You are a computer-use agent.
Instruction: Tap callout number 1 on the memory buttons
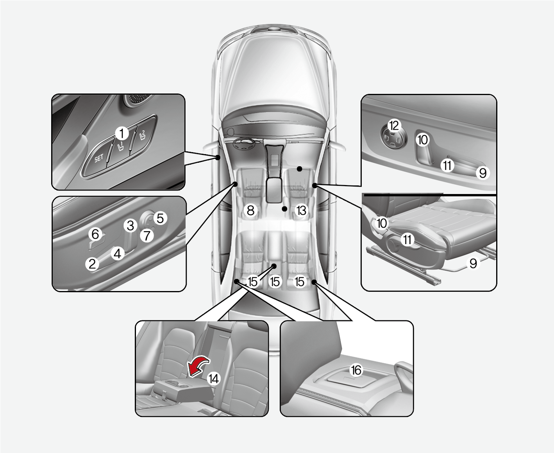tap(122, 134)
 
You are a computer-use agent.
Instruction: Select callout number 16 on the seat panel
tap(356, 370)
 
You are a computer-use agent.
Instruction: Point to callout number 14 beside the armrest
tap(214, 379)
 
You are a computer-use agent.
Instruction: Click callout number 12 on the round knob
tap(394, 126)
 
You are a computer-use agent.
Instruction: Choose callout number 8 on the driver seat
tap(250, 210)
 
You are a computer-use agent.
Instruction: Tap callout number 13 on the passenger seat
tap(301, 210)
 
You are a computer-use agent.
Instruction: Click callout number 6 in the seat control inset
tap(95, 234)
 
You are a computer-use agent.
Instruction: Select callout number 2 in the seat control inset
tap(92, 264)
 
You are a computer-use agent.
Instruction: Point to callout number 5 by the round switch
tap(160, 218)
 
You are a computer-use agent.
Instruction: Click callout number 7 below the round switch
tap(147, 235)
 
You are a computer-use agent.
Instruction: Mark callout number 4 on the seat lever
tap(118, 253)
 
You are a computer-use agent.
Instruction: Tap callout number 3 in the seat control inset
tap(130, 225)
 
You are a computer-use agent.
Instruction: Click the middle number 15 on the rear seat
tap(275, 282)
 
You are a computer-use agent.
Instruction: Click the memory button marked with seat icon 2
tap(142, 135)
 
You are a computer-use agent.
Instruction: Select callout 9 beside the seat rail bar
tap(473, 263)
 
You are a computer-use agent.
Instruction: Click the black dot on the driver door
tap(218, 157)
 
